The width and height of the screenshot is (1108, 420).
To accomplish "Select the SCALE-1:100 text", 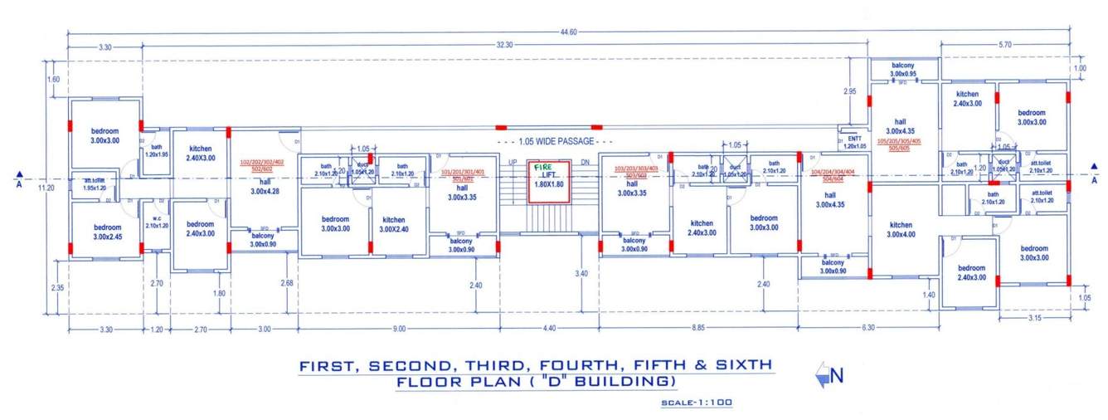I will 697,403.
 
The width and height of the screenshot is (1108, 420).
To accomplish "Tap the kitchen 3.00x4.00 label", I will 901,229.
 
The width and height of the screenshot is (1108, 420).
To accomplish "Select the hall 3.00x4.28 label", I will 265,187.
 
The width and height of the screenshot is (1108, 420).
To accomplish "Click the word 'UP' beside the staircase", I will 513,162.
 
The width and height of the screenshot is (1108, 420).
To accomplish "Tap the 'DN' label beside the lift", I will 585,162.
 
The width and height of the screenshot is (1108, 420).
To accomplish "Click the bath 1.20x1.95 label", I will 156,150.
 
